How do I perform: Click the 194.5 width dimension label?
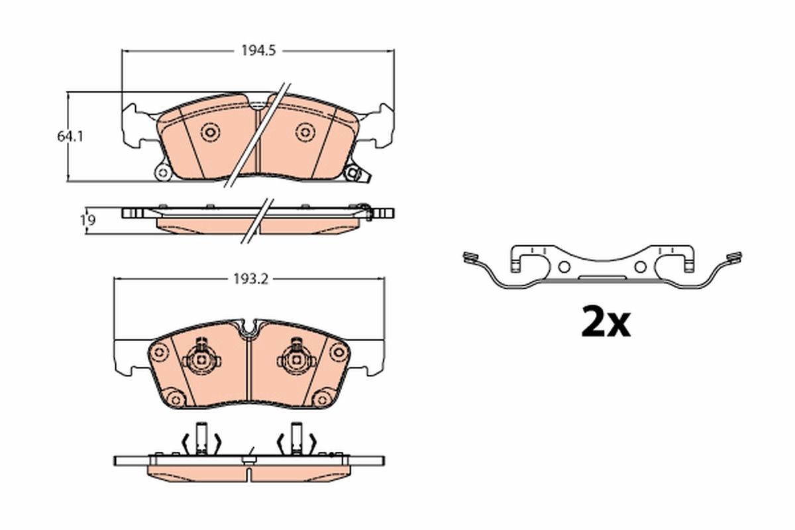[x=258, y=51]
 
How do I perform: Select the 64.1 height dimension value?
[x=70, y=136]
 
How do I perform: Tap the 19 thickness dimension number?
[x=87, y=221]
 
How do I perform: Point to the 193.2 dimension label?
[x=250, y=280]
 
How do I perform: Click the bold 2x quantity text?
[x=606, y=323]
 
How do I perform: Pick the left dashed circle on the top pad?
[x=210, y=132]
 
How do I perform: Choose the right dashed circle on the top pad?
[x=305, y=132]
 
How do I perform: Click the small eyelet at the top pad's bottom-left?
[x=163, y=173]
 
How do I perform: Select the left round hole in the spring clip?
[x=564, y=267]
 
